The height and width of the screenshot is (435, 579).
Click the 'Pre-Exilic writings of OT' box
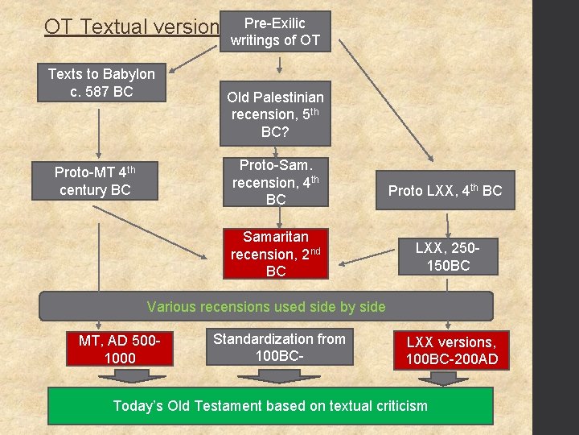point(275,31)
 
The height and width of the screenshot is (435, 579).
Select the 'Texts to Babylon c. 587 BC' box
point(101,83)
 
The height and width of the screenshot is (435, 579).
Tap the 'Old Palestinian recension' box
point(275,114)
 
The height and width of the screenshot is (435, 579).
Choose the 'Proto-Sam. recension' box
point(275,182)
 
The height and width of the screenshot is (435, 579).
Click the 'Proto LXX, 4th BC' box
point(445,191)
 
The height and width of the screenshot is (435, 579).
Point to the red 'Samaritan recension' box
point(275,254)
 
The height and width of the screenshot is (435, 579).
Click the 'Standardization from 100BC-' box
point(278,347)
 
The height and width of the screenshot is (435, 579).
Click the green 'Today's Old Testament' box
point(270,406)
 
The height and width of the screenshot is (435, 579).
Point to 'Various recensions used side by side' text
point(265,307)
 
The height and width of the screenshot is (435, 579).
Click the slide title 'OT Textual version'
point(131,27)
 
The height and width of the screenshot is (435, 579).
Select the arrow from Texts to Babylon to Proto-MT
point(99,133)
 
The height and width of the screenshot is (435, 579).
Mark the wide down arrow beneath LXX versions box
point(444,377)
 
